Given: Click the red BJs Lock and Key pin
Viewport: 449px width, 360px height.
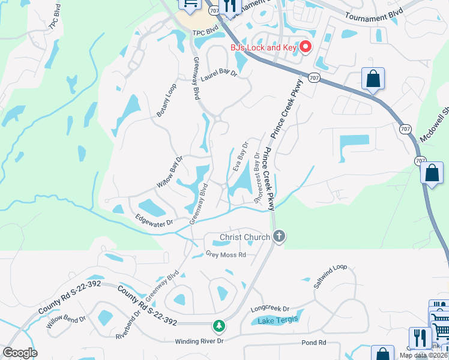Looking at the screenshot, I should pos(306,47).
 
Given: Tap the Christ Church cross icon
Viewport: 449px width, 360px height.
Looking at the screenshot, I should pos(279,237).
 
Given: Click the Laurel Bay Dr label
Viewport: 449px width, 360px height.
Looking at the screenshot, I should pos(219,75).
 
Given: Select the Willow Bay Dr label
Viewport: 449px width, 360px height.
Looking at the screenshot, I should pos(170,173).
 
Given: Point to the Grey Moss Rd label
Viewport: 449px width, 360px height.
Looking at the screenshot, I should pos(226,254).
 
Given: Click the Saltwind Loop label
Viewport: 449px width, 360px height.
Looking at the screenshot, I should pos(330,276).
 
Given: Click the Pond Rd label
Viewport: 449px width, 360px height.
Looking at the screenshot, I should pos(315,343).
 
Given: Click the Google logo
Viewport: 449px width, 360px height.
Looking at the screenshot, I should pos(20,353).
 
